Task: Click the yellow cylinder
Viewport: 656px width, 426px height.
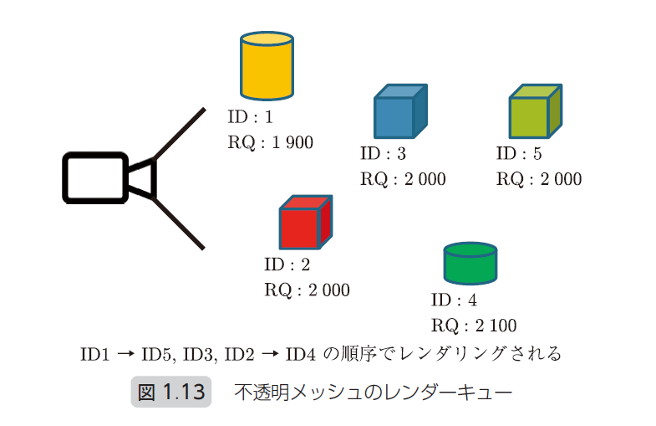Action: click(x=267, y=66)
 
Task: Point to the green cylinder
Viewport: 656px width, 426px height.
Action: click(x=470, y=264)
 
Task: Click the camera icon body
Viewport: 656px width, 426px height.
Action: click(x=94, y=177)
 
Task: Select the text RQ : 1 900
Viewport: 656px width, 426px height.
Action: click(x=270, y=143)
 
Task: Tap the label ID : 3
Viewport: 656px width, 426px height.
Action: click(x=383, y=154)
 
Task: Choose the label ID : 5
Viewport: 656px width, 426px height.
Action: click(x=519, y=154)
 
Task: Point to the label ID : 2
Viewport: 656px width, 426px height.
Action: click(x=287, y=266)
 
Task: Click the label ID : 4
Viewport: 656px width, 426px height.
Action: click(x=454, y=300)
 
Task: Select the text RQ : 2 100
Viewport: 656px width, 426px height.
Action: click(x=474, y=326)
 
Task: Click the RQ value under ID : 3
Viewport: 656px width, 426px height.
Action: click(x=403, y=179)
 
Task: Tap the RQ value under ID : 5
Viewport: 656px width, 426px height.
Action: click(x=539, y=179)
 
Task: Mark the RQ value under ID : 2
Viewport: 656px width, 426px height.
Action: click(x=307, y=290)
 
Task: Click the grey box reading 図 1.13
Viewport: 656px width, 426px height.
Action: click(x=170, y=392)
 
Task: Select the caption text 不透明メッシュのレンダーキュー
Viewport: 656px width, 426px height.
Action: click(x=373, y=392)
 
